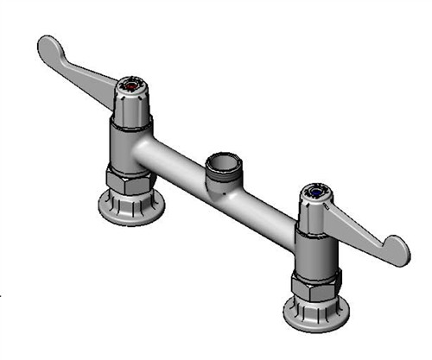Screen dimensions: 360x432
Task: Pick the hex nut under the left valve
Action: [x=130, y=179]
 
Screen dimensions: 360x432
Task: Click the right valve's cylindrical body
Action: [x=313, y=250]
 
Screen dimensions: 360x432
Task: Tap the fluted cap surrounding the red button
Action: [x=131, y=100]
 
